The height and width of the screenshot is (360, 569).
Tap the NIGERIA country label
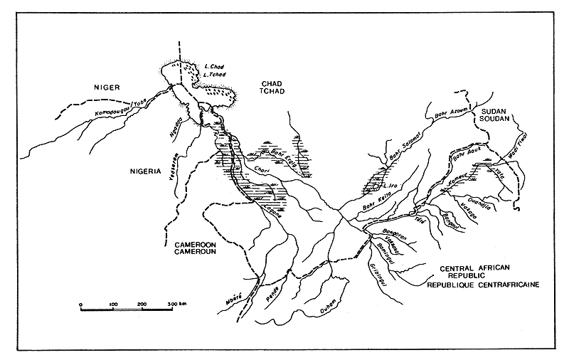click(x=144, y=172)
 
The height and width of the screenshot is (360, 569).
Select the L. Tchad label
click(x=214, y=75)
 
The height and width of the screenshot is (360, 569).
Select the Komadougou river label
click(x=114, y=114)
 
